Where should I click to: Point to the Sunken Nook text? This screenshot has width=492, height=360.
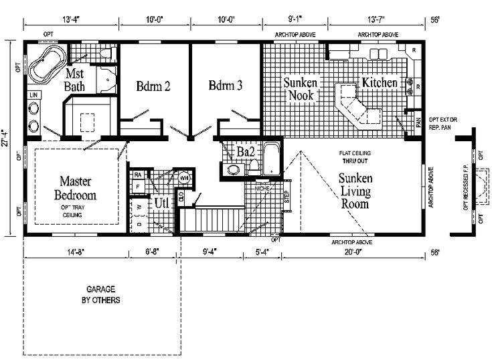click(x=299, y=89)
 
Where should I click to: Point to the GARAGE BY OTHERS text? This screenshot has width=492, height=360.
click(x=101, y=296)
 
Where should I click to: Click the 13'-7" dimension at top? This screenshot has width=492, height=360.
click(x=378, y=20)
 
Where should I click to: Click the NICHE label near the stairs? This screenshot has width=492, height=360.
click(x=262, y=189)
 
